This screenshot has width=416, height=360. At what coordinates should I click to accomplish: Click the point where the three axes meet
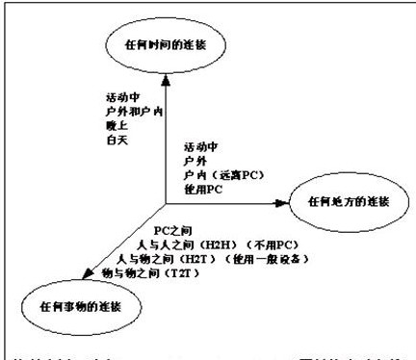(x=166, y=202)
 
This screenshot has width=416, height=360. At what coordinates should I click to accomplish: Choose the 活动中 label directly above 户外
(x=197, y=146)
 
